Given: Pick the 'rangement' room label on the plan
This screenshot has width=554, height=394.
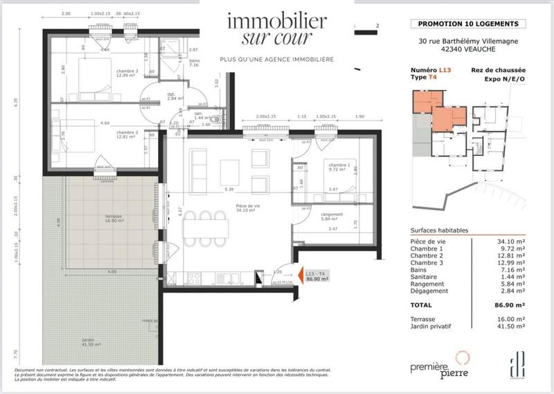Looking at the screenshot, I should (x=332, y=215).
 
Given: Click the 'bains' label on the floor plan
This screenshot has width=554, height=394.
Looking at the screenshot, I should (x=193, y=60).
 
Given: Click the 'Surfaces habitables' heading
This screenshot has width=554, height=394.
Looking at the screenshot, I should (x=438, y=230).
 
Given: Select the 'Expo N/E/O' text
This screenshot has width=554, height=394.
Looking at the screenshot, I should (x=503, y=80).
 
